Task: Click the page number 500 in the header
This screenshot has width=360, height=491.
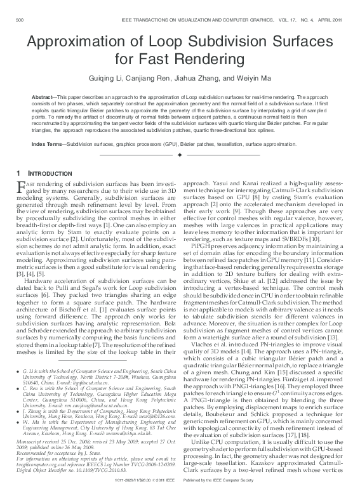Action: click(20, 20)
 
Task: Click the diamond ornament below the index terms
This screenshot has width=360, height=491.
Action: click(180, 155)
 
